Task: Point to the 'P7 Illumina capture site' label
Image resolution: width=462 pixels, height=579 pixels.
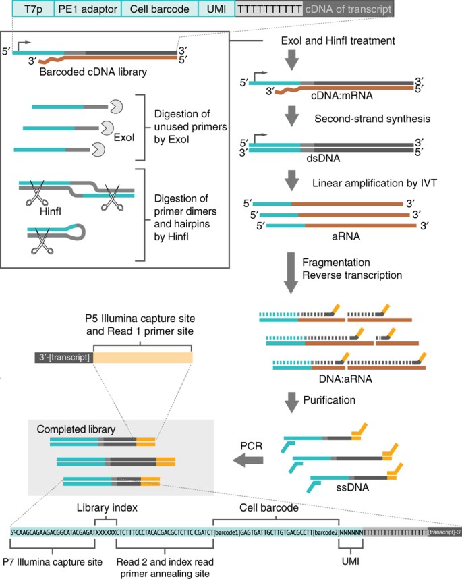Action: coord(53,561)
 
